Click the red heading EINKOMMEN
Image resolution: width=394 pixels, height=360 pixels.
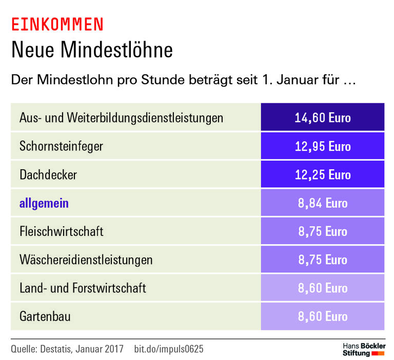pos(57,24)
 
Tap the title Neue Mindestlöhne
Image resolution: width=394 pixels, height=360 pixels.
pos(92,50)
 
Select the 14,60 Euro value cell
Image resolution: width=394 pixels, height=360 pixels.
pos(323,117)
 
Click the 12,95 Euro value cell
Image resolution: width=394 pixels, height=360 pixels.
pos(323,146)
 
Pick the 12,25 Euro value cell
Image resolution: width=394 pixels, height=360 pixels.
pos(323,175)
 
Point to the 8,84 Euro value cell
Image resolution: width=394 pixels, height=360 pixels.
pos(323,203)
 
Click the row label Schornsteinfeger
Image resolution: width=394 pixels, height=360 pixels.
pos(61,146)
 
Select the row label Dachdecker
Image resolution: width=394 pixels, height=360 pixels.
pos(48,175)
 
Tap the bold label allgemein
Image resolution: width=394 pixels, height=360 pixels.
pos(44,204)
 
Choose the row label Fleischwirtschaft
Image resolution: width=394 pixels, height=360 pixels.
pos(62,231)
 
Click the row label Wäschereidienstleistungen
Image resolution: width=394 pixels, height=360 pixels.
pos(86,259)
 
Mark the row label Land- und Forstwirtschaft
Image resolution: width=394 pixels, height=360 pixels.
pos(83,288)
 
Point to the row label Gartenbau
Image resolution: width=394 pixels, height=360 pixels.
pos(45,316)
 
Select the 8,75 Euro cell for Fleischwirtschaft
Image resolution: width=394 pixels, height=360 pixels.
pos(323,231)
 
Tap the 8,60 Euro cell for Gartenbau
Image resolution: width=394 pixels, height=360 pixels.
pos(323,316)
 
